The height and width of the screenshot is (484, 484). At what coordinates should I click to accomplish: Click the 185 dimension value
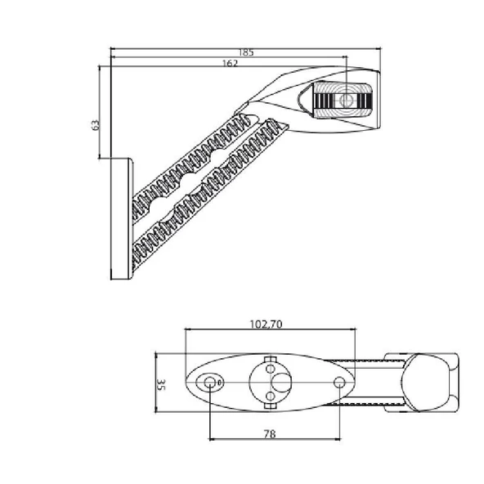point(246,53)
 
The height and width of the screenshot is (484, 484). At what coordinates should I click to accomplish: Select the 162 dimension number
point(231,63)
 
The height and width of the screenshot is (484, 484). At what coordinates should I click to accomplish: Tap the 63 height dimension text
point(96,125)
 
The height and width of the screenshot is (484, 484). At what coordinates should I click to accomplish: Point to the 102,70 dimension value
point(266,325)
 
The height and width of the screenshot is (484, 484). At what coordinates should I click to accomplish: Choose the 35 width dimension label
point(161,384)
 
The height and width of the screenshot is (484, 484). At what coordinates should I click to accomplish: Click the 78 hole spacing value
point(270,434)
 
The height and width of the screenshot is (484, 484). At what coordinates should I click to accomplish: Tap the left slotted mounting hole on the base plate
point(210,383)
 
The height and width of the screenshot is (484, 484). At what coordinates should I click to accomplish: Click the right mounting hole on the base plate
point(339,383)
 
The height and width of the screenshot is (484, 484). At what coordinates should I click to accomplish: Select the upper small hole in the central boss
point(270,369)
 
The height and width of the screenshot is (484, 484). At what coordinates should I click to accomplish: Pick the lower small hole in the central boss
point(270,396)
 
